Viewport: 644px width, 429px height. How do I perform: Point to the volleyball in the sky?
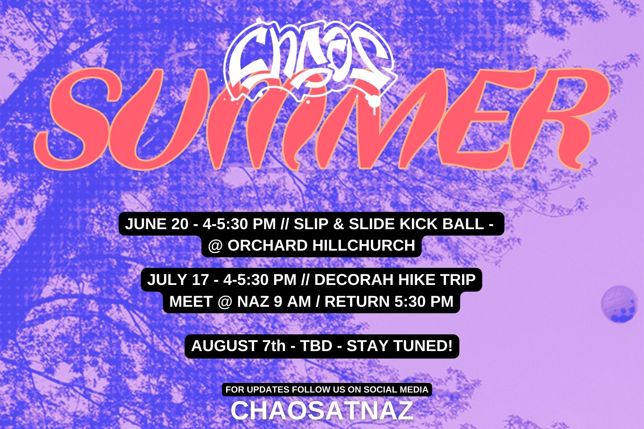click(619, 304)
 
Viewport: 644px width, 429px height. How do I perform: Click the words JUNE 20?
click(156, 224)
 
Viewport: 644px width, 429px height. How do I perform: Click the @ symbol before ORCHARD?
click(215, 246)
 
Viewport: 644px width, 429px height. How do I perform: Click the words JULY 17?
click(178, 280)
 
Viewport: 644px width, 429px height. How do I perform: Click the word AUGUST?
click(224, 346)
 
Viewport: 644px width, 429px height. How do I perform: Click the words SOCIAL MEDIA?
click(395, 389)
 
